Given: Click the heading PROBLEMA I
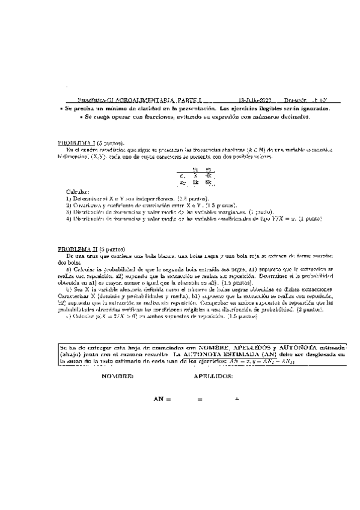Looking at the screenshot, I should tap(78, 143).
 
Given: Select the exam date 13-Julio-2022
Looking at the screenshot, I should tap(255, 101).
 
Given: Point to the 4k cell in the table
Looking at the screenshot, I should tap(208, 175).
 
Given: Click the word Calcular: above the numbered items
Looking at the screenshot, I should tap(76, 191).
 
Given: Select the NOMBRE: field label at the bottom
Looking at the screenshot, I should tap(118, 376).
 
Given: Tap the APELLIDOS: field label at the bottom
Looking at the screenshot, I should tap(214, 376).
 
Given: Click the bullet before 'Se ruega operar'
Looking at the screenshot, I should tap(81, 117).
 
